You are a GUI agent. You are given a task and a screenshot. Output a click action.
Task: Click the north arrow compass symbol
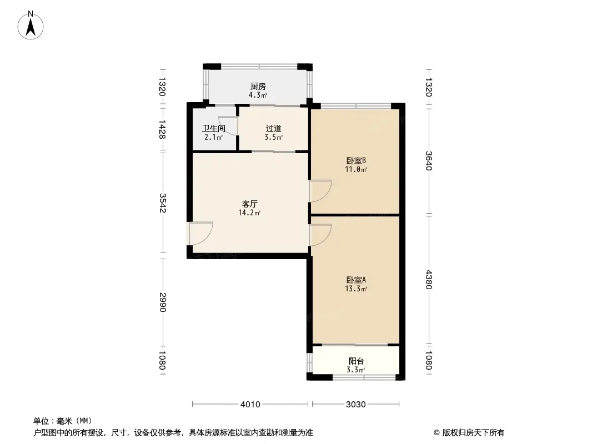click(x=31, y=26)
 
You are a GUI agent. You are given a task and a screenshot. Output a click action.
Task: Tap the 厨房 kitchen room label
click(x=258, y=87)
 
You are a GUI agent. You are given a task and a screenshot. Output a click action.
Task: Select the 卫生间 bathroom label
click(x=214, y=128)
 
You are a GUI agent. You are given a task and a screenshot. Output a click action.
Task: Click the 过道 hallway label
click(x=274, y=128)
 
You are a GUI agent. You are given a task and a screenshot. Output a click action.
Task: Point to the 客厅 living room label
click(x=249, y=204)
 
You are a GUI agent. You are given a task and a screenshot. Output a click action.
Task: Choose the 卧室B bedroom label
click(x=356, y=161)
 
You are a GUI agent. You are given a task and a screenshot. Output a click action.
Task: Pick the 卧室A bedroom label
click(x=356, y=280)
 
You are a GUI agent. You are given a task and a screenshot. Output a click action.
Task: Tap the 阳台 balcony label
click(x=356, y=361)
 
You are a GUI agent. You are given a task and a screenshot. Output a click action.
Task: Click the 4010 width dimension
click(x=250, y=405)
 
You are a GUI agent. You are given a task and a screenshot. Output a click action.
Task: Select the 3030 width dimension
click(x=355, y=405)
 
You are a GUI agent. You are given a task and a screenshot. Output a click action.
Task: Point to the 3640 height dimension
click(x=429, y=161)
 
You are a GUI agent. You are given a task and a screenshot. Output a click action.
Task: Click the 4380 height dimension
click(x=429, y=280)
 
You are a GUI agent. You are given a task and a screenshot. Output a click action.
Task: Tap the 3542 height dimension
click(x=163, y=203)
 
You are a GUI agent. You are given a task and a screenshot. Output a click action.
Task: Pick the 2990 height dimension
click(x=163, y=302)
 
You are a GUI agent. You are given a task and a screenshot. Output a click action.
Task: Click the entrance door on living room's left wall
click(x=201, y=234)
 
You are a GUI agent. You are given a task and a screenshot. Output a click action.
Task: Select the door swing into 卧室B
click(x=320, y=191)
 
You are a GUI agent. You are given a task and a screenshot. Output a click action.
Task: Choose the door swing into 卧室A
click(x=320, y=235)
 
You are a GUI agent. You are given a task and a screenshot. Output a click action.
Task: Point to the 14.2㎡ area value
click(x=249, y=213)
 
